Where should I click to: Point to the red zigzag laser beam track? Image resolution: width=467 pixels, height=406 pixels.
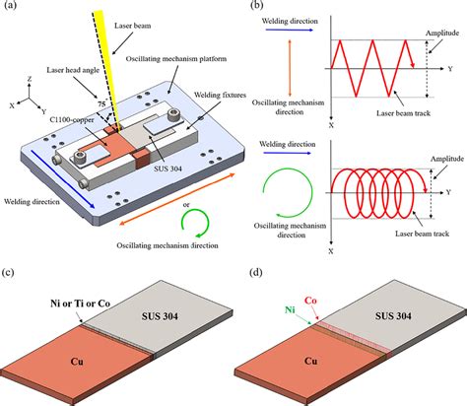376,68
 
